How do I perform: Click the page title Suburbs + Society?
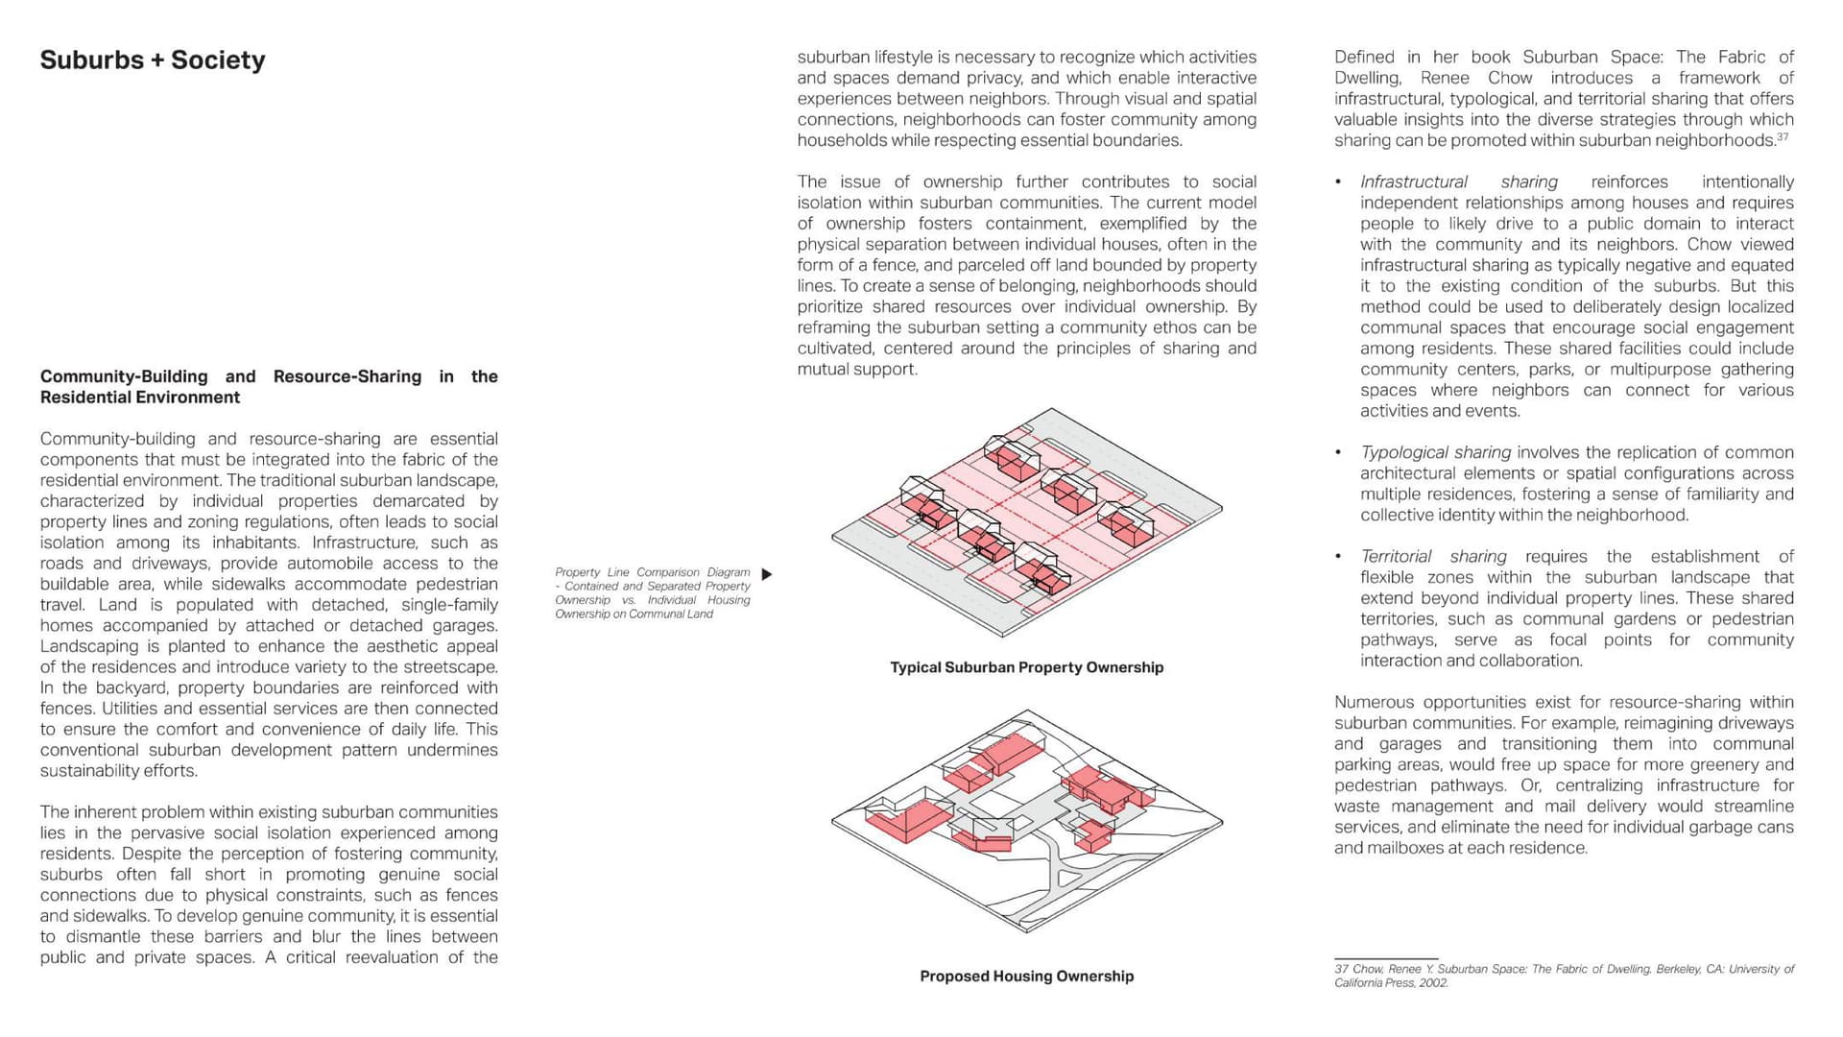tap(152, 60)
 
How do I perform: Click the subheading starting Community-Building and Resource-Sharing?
tap(269, 387)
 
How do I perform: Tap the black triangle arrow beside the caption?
tap(766, 574)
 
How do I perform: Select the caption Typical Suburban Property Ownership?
tap(1026, 667)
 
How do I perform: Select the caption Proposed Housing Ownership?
tap(1026, 977)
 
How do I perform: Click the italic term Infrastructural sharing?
tap(1458, 182)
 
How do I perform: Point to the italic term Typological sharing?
tap(1435, 452)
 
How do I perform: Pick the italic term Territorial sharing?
tap(1432, 557)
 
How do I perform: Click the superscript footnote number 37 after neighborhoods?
tap(1783, 137)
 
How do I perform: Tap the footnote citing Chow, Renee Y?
tap(1563, 976)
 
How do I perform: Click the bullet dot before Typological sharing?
tap(1338, 452)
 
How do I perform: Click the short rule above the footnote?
tap(1385, 958)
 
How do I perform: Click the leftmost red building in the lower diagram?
tap(904, 819)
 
